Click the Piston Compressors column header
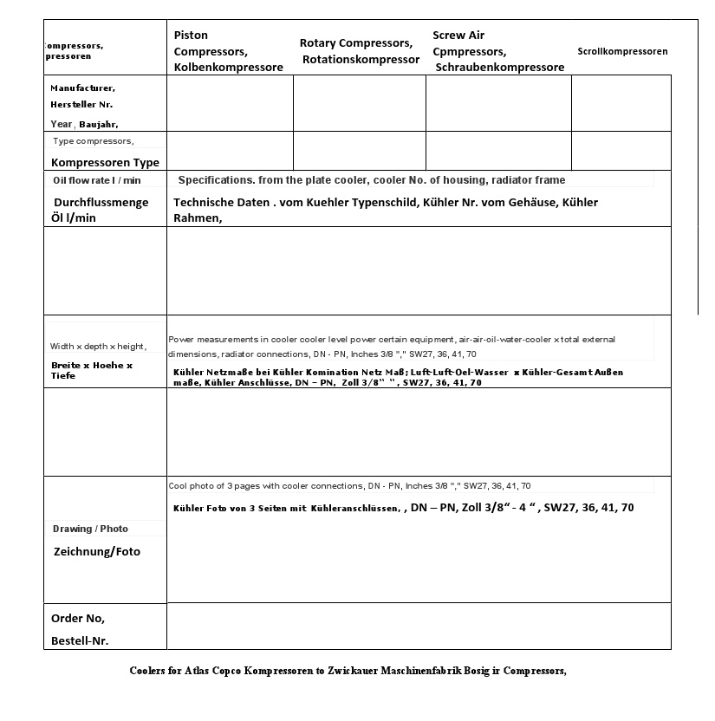227,51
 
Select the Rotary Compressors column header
359,51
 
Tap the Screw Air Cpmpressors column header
497,51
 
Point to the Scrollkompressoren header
622,51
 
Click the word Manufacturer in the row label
81,88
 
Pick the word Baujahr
98,124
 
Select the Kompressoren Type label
105,162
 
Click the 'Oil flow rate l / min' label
97,180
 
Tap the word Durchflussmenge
101,202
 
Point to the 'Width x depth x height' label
98,347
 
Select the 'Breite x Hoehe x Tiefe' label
92,370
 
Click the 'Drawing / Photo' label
90,529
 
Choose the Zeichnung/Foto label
97,551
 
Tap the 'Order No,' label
78,618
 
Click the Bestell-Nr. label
80,640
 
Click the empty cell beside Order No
419,626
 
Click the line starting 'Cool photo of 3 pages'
349,486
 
